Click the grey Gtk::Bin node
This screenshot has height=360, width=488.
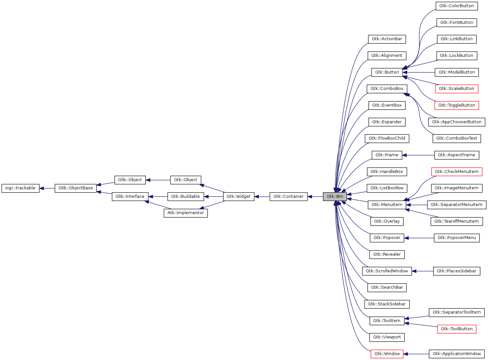pyautogui.click(x=335, y=197)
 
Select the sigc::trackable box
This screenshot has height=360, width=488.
pyautogui.click(x=20, y=188)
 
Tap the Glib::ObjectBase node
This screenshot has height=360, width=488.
pyautogui.click(x=76, y=188)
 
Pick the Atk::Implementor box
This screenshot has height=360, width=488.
pyautogui.click(x=185, y=213)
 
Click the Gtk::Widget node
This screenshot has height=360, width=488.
pyautogui.click(x=238, y=197)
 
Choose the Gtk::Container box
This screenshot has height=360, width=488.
pyautogui.click(x=288, y=197)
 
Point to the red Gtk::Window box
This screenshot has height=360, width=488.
pyautogui.click(x=387, y=354)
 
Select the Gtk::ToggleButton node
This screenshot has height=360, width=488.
pyautogui.click(x=457, y=105)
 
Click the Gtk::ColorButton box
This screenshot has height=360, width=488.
pyautogui.click(x=456, y=6)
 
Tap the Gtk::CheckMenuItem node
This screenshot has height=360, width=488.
pyautogui.click(x=457, y=172)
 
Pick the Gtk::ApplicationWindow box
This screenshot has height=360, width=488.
pyautogui.click(x=457, y=354)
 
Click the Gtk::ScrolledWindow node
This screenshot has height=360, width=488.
pyautogui.click(x=387, y=271)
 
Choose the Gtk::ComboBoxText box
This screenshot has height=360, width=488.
pyautogui.click(x=457, y=138)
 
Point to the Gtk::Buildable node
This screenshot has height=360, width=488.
pyautogui.click(x=185, y=197)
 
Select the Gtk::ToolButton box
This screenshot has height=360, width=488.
pyautogui.click(x=457, y=329)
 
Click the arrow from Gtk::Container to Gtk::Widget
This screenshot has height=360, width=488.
pyautogui.click(x=262, y=197)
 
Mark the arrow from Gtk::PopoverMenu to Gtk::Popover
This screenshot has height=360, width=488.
pyautogui.click(x=419, y=238)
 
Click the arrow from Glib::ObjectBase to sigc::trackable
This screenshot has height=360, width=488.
pyautogui.click(x=47, y=188)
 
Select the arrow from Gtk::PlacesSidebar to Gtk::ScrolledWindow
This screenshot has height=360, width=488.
pyautogui.click(x=422, y=271)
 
